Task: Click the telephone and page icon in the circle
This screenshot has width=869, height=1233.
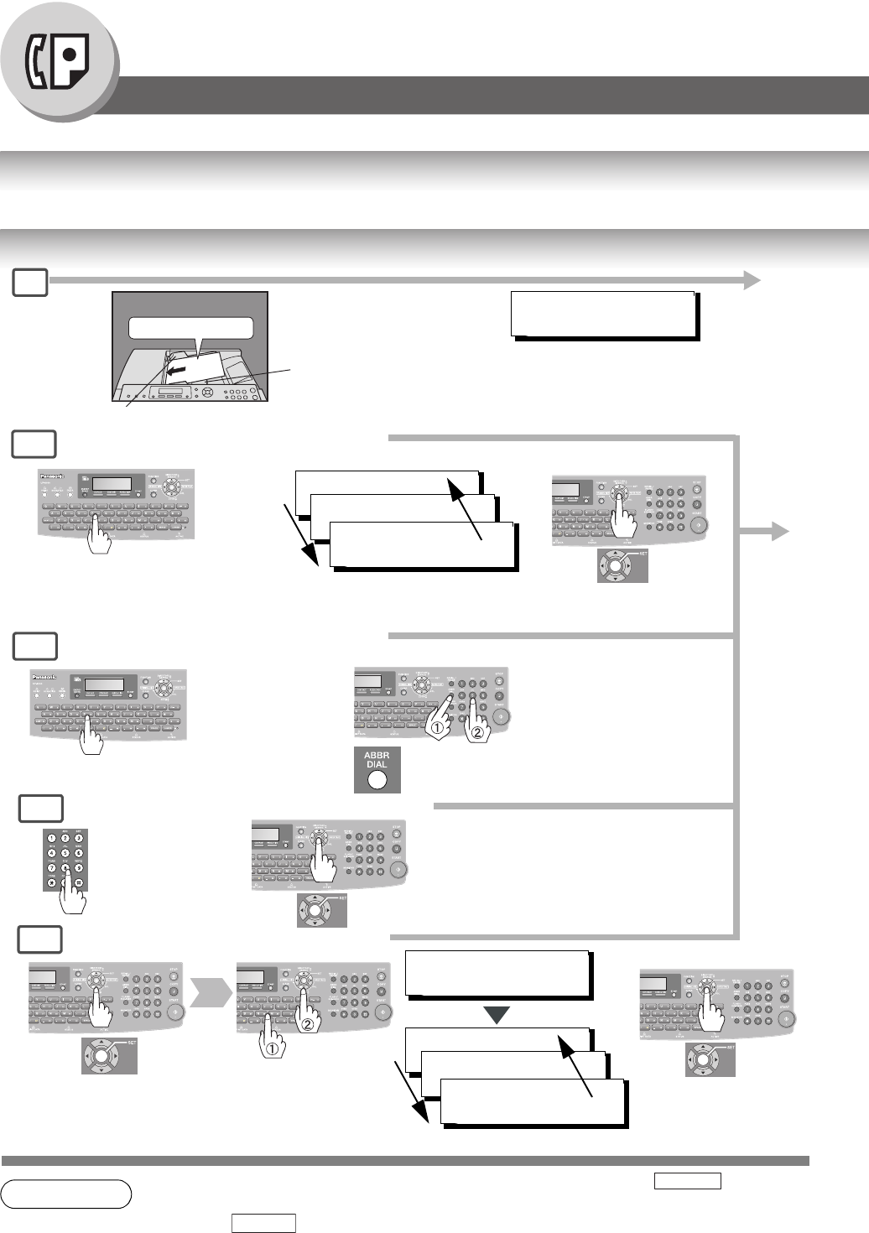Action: click(58, 64)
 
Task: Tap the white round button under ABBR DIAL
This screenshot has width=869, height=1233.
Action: click(377, 780)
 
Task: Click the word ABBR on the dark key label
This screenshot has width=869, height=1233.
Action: click(377, 756)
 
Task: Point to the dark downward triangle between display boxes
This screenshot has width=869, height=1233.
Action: click(497, 1016)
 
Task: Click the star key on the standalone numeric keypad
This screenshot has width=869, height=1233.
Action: click(53, 882)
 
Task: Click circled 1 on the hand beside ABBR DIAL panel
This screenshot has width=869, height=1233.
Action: click(436, 728)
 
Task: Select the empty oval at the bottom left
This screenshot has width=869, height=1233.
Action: click(66, 1194)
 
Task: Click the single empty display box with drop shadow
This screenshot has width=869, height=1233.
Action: click(603, 314)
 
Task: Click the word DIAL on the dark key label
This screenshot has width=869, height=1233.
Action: click(377, 765)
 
